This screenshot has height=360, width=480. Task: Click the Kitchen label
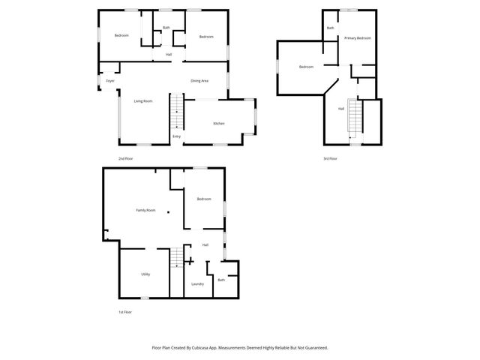coord(219,124)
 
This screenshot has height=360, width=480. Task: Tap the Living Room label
coord(143,100)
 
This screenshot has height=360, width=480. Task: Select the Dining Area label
coord(199,81)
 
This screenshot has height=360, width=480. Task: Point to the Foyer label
coord(110,81)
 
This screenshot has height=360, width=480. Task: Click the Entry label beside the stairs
coord(176,136)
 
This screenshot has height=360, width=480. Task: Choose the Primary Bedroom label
coord(358,37)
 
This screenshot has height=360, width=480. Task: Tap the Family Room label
coord(145,211)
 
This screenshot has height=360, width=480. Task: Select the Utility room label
coord(145,274)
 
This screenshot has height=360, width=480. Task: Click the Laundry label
coord(198,283)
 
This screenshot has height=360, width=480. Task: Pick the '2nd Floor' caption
coord(125,158)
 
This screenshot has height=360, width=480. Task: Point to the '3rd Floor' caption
coord(330,158)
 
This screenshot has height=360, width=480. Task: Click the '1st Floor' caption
coord(125,312)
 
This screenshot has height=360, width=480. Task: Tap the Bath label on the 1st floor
coord(221,280)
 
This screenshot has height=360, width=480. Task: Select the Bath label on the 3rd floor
coord(330,28)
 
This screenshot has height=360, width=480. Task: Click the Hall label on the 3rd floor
coord(341,109)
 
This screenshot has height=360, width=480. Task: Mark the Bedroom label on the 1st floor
coord(204,199)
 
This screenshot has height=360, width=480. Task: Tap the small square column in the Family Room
coord(169,213)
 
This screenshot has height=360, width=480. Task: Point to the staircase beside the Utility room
coord(176,259)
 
